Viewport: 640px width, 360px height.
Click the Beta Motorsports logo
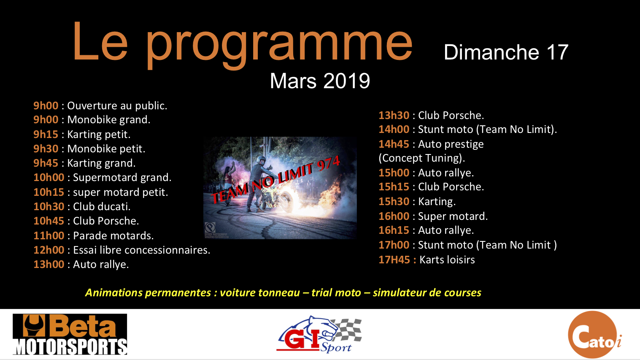70,334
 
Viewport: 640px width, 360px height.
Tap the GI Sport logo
319,334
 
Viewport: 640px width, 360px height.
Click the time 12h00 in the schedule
49,250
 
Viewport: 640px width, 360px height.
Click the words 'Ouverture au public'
117,106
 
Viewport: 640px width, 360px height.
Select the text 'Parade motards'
113,236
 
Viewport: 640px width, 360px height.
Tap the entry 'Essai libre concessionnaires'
141,250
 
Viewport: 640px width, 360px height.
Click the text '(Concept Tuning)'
422,158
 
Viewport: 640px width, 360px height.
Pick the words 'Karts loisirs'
447,260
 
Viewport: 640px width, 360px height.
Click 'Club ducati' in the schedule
101,206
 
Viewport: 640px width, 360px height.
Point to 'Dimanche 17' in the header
506,52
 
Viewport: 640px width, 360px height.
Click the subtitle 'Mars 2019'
320,81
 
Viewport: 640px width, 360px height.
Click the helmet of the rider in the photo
261,160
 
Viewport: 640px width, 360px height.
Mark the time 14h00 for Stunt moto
394,130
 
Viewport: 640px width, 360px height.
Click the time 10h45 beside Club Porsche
49,221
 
